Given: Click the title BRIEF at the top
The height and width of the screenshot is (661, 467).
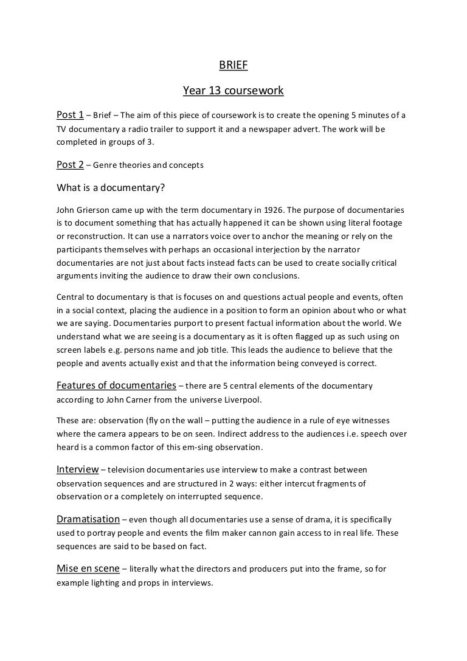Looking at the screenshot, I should coord(233,67).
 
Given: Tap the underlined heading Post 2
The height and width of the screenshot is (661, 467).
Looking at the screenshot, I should coord(70,164).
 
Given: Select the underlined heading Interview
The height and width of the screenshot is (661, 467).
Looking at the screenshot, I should coord(77,469).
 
